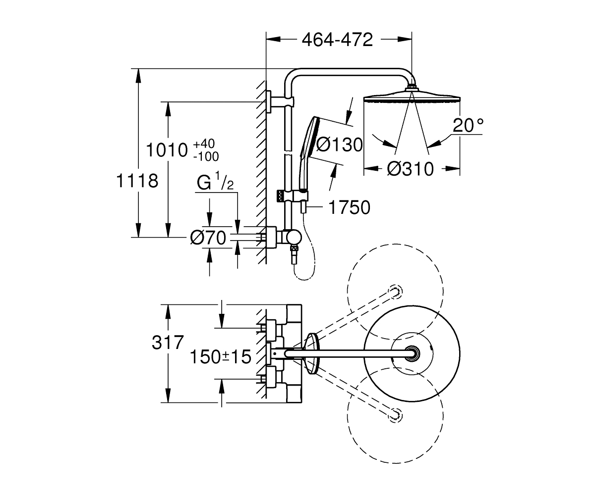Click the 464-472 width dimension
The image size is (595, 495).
pos(337,40)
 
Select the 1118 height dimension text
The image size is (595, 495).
pos(137,181)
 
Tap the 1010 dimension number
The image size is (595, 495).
pos(167,150)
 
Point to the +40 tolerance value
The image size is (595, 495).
pos(204,144)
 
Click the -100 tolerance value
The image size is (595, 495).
pos(206,156)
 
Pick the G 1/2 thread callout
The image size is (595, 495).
pos(215,182)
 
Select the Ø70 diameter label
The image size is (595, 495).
pos(208,238)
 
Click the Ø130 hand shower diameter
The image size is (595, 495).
pos(339,145)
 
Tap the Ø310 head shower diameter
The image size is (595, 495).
pos(411,169)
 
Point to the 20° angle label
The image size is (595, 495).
pos(468,125)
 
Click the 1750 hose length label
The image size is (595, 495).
pos(350,207)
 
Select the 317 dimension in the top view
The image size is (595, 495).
pos(168,342)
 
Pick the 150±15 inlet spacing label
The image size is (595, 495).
pos(220,357)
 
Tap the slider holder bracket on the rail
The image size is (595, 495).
pos(292,197)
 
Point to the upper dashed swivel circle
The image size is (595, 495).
pos(395,244)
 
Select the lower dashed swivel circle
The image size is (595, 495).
pos(395,464)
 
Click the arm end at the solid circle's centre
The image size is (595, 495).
pos(412,353)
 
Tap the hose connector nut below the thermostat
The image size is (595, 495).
pos(294,250)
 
